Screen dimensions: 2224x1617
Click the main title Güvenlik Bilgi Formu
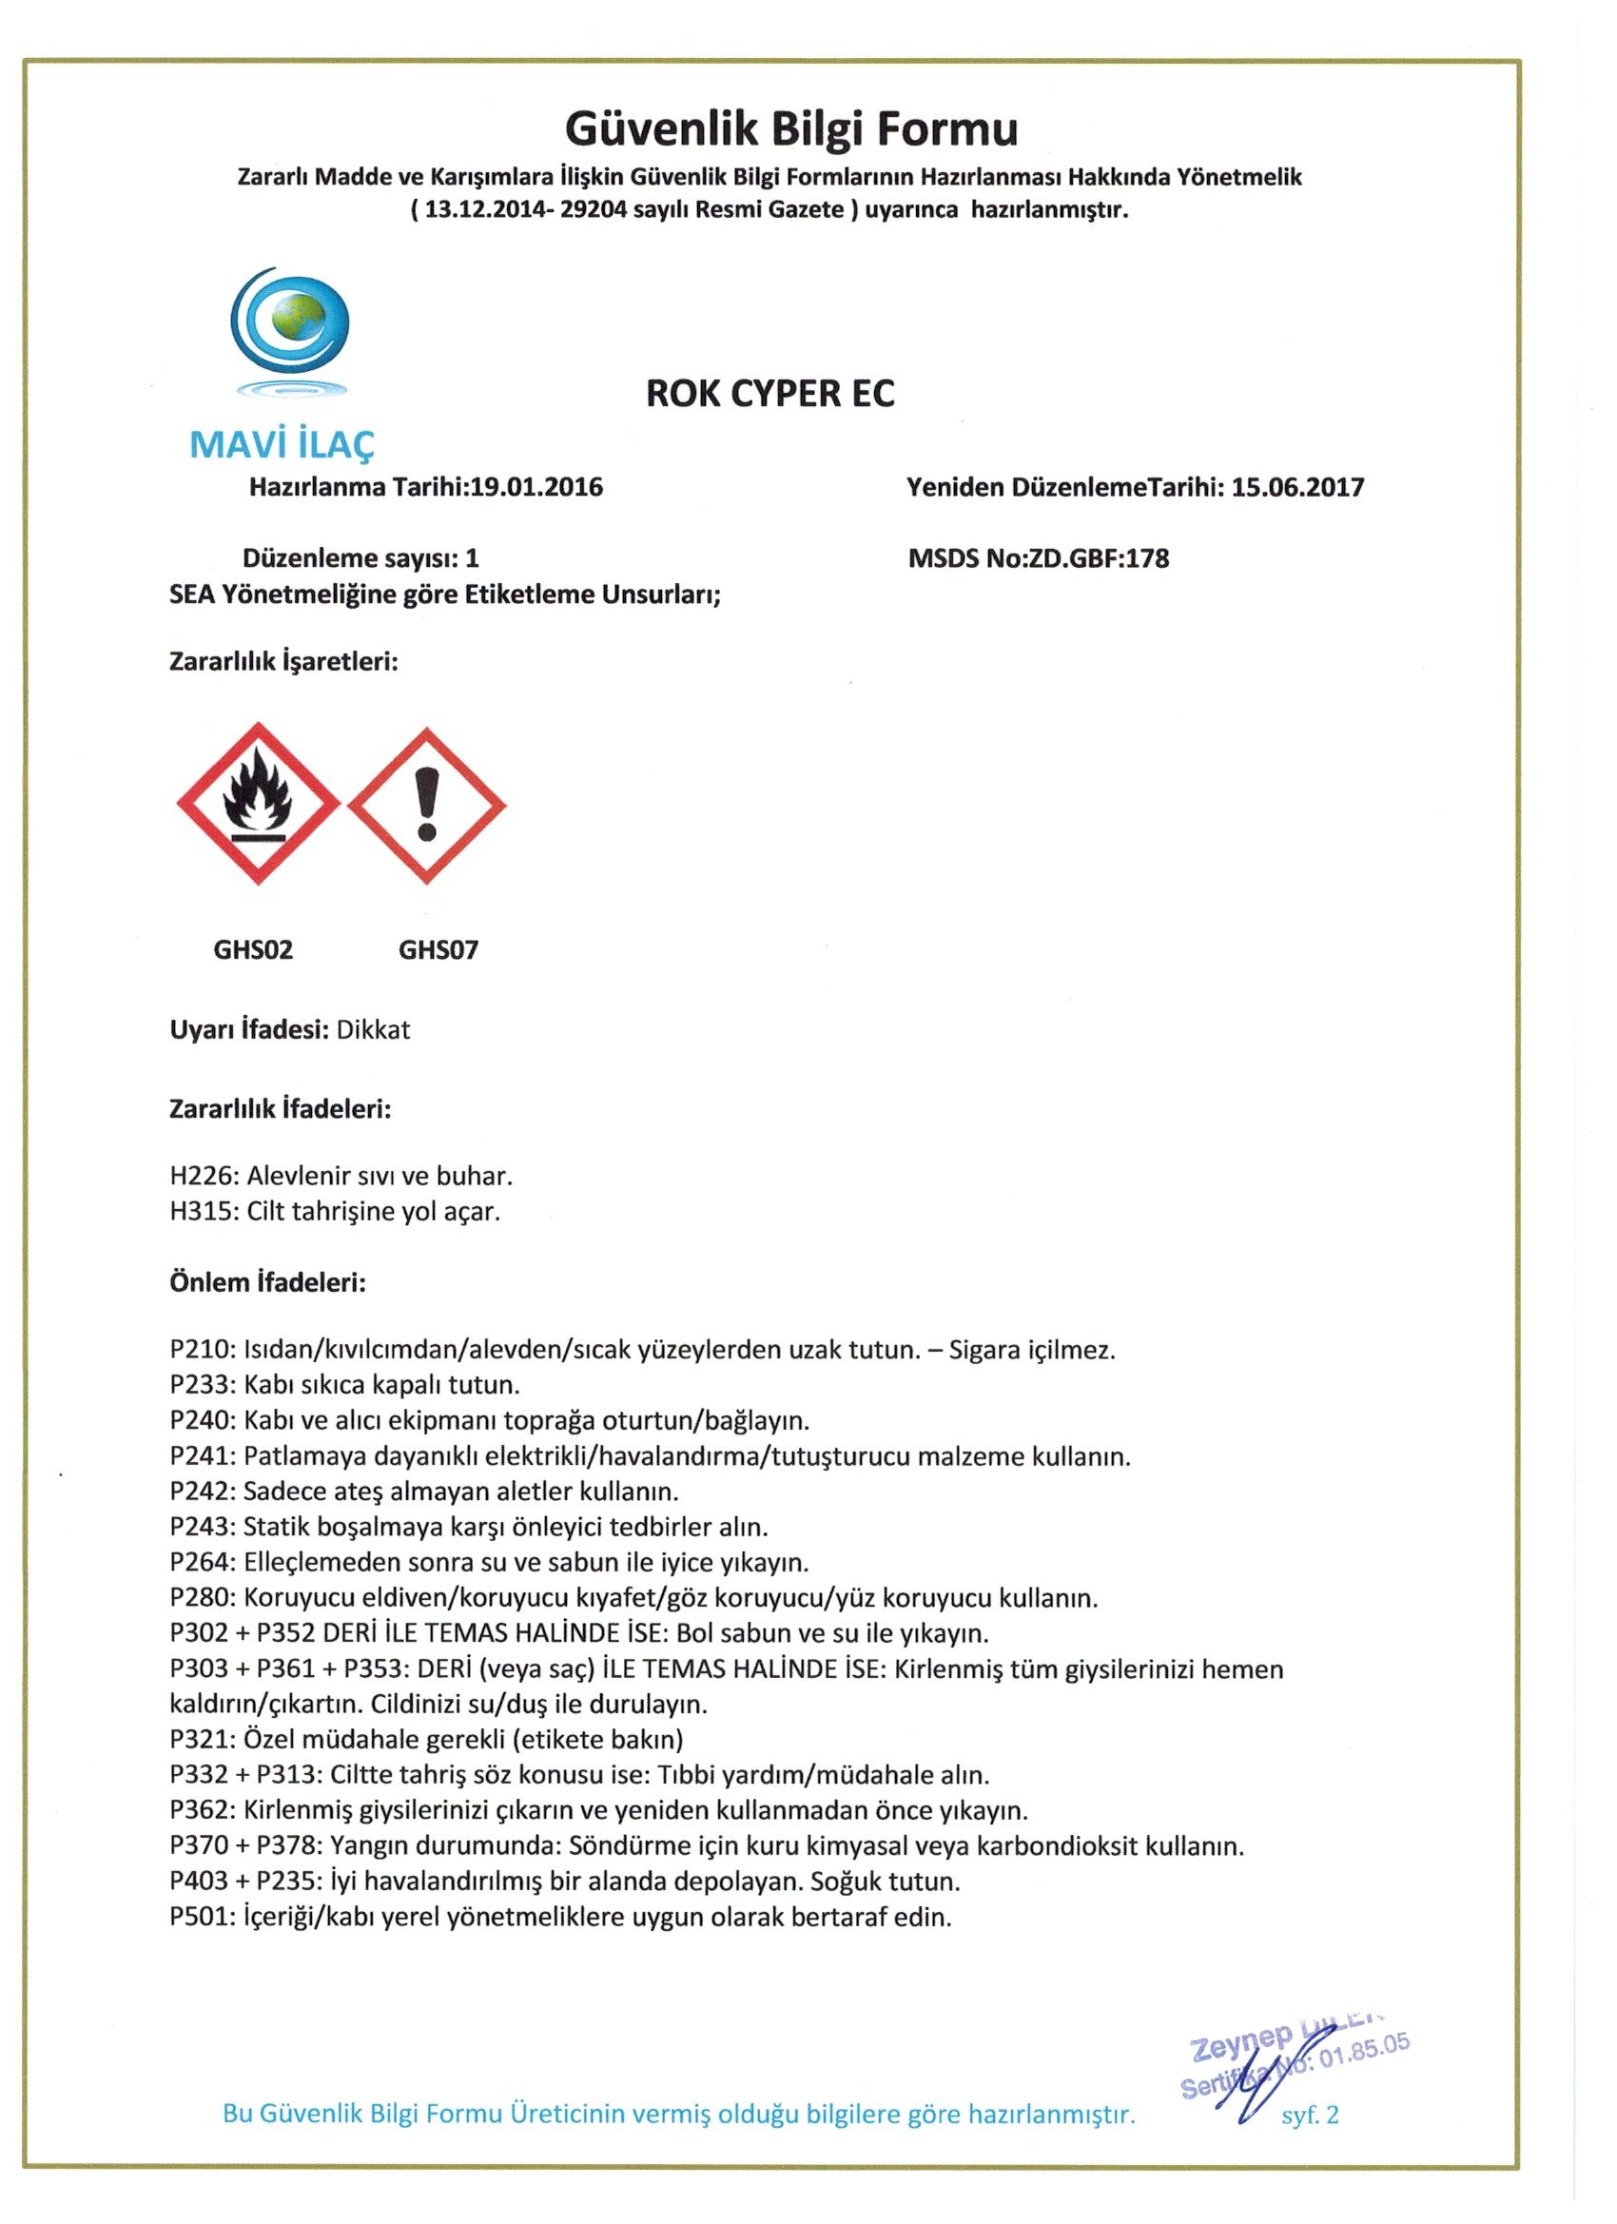point(791,128)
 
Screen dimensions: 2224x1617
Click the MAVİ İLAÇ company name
point(282,445)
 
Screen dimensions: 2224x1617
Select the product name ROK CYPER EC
point(770,393)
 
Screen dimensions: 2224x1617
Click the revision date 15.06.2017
point(1297,487)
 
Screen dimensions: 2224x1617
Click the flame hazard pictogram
point(258,804)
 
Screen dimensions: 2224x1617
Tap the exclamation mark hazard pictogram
point(426,804)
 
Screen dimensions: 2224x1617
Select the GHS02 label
point(253,949)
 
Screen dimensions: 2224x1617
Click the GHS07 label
point(438,949)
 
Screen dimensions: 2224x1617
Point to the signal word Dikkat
point(373,1030)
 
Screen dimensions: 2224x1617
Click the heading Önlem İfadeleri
point(267,1282)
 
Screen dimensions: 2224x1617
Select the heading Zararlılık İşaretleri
point(283,662)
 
